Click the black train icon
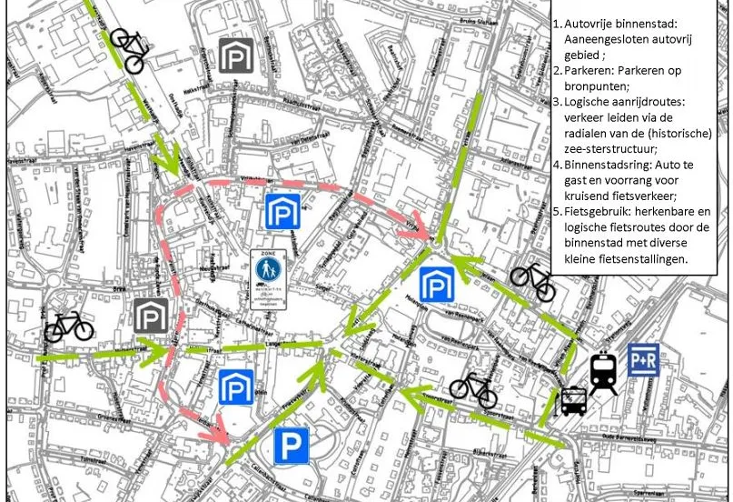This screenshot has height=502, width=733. tap(604, 373)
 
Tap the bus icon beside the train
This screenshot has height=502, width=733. tap(573, 401)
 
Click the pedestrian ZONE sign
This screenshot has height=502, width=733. tap(269, 274)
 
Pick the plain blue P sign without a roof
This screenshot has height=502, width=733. tap(292, 446)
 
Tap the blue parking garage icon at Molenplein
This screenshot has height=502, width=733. tap(437, 284)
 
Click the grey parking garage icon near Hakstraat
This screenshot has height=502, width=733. tap(235, 55)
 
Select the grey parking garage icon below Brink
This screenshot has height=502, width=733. tap(150, 316)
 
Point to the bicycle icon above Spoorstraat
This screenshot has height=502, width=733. tap(473, 388)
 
